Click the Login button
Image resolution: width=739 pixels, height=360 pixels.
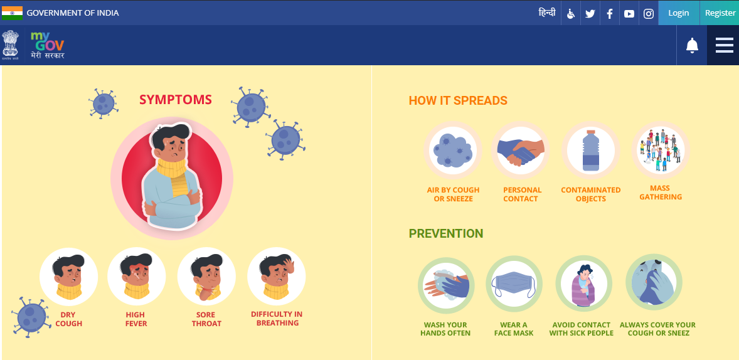pyautogui.click(x=679, y=13)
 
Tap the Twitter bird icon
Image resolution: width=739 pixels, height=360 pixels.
pyautogui.click(x=590, y=14)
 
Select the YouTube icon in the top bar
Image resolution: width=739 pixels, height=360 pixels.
pyautogui.click(x=629, y=14)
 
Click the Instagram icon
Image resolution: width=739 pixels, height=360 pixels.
pyautogui.click(x=649, y=14)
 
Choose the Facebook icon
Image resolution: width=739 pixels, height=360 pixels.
pyautogui.click(x=609, y=14)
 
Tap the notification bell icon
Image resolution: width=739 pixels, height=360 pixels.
pyautogui.click(x=692, y=45)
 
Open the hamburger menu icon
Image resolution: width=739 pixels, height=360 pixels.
pyautogui.click(x=725, y=45)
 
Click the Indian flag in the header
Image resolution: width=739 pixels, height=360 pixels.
pyautogui.click(x=12, y=13)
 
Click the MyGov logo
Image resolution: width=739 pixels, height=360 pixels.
pyautogui.click(x=47, y=45)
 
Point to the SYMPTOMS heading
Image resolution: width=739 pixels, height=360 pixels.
pyautogui.click(x=175, y=100)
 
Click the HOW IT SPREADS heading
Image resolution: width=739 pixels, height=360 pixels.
pyautogui.click(x=457, y=100)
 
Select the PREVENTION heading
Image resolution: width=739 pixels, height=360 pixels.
pyautogui.click(x=446, y=233)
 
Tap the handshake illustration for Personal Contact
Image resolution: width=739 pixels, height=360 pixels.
pyautogui.click(x=520, y=151)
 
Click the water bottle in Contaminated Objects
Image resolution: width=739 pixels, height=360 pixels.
pyautogui.click(x=590, y=151)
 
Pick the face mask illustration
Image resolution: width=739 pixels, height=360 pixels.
pyautogui.click(x=514, y=285)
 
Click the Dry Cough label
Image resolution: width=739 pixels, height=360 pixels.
pyautogui.click(x=69, y=319)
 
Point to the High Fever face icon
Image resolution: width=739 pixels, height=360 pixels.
pyautogui.click(x=136, y=277)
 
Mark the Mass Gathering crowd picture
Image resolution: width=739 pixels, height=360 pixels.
pyautogui.click(x=661, y=150)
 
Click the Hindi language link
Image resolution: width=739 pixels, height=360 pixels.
pyautogui.click(x=547, y=13)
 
